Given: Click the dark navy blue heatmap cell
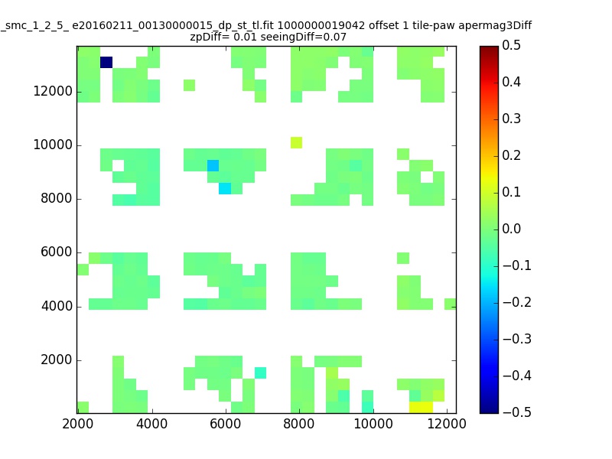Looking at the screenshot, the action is click(106, 63).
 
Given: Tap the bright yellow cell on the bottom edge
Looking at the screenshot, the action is click(422, 408).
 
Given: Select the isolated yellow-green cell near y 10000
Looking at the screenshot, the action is click(296, 143).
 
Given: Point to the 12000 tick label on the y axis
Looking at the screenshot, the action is click(53, 91).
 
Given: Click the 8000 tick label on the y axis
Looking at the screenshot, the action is click(57, 199).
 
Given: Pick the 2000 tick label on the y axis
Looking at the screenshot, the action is click(57, 360).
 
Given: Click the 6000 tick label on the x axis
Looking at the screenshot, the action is click(225, 424).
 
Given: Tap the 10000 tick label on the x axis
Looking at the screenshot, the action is click(373, 424).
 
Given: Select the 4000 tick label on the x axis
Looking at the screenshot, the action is click(151, 424).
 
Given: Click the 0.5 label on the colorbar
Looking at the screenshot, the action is click(511, 45).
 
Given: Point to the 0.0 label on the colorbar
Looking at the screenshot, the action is click(511, 229).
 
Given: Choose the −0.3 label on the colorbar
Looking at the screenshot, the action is click(517, 339).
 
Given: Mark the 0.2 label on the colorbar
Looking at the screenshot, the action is click(511, 155).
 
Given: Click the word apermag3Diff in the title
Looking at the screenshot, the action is click(495, 26).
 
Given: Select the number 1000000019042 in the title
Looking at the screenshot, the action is click(321, 26).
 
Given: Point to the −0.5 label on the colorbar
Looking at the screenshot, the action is click(517, 412).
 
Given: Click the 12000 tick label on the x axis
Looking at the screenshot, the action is click(447, 424).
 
